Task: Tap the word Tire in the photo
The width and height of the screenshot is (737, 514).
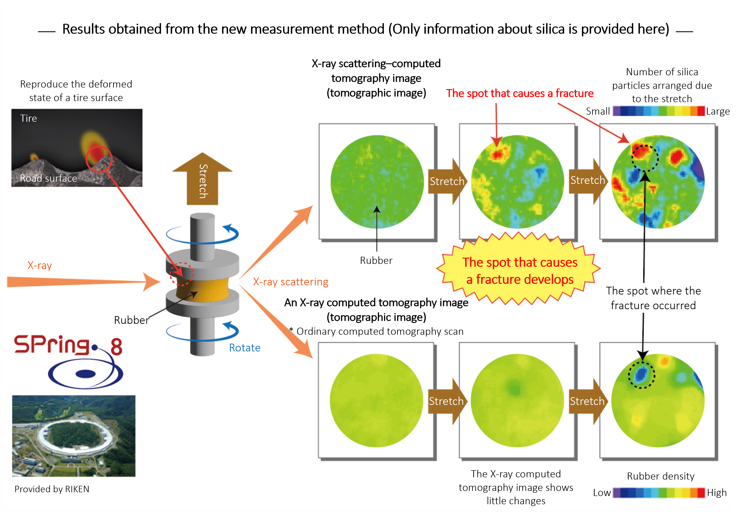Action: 29,118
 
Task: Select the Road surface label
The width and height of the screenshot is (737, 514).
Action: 48,178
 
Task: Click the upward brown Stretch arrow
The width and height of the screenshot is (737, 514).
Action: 203,179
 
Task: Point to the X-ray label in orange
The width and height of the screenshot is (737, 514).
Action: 39,265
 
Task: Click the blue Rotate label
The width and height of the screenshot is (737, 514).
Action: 245,348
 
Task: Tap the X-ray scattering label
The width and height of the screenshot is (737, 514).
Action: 290,282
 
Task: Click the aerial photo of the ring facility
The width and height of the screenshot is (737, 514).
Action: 74,436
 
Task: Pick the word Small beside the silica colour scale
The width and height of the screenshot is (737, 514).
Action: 598,111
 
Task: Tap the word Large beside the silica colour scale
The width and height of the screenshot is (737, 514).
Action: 718,112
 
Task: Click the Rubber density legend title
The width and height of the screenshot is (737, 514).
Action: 661,476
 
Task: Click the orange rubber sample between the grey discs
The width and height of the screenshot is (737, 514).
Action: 203,290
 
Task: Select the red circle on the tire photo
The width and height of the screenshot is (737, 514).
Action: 99,159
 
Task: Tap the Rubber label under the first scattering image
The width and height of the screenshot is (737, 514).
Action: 376,260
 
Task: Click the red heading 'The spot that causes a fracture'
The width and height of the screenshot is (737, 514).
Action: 520,93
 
